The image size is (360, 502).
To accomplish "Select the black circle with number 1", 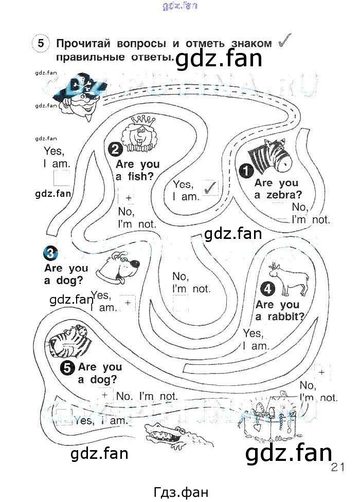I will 246,170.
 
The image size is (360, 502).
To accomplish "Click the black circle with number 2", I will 115,150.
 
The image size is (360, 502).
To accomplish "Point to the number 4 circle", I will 268,289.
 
